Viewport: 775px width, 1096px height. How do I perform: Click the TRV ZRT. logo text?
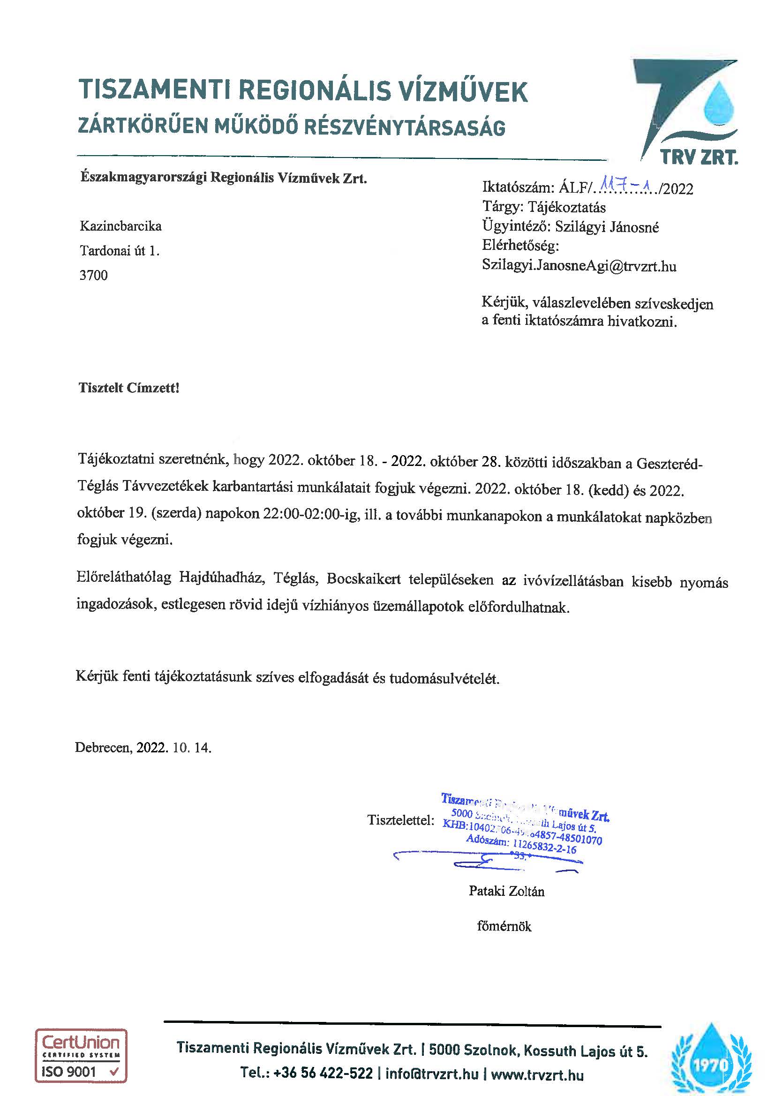699,157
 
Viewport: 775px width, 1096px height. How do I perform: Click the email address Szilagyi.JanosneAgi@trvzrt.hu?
579,266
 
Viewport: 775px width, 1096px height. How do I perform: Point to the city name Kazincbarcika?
120,226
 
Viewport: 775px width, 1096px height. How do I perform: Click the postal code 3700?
94,276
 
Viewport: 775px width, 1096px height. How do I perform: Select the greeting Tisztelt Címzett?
129,388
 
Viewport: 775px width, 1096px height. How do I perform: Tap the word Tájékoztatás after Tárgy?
567,208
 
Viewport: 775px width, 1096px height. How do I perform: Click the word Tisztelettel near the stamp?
400,820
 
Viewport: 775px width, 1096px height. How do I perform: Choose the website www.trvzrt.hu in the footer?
537,1074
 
